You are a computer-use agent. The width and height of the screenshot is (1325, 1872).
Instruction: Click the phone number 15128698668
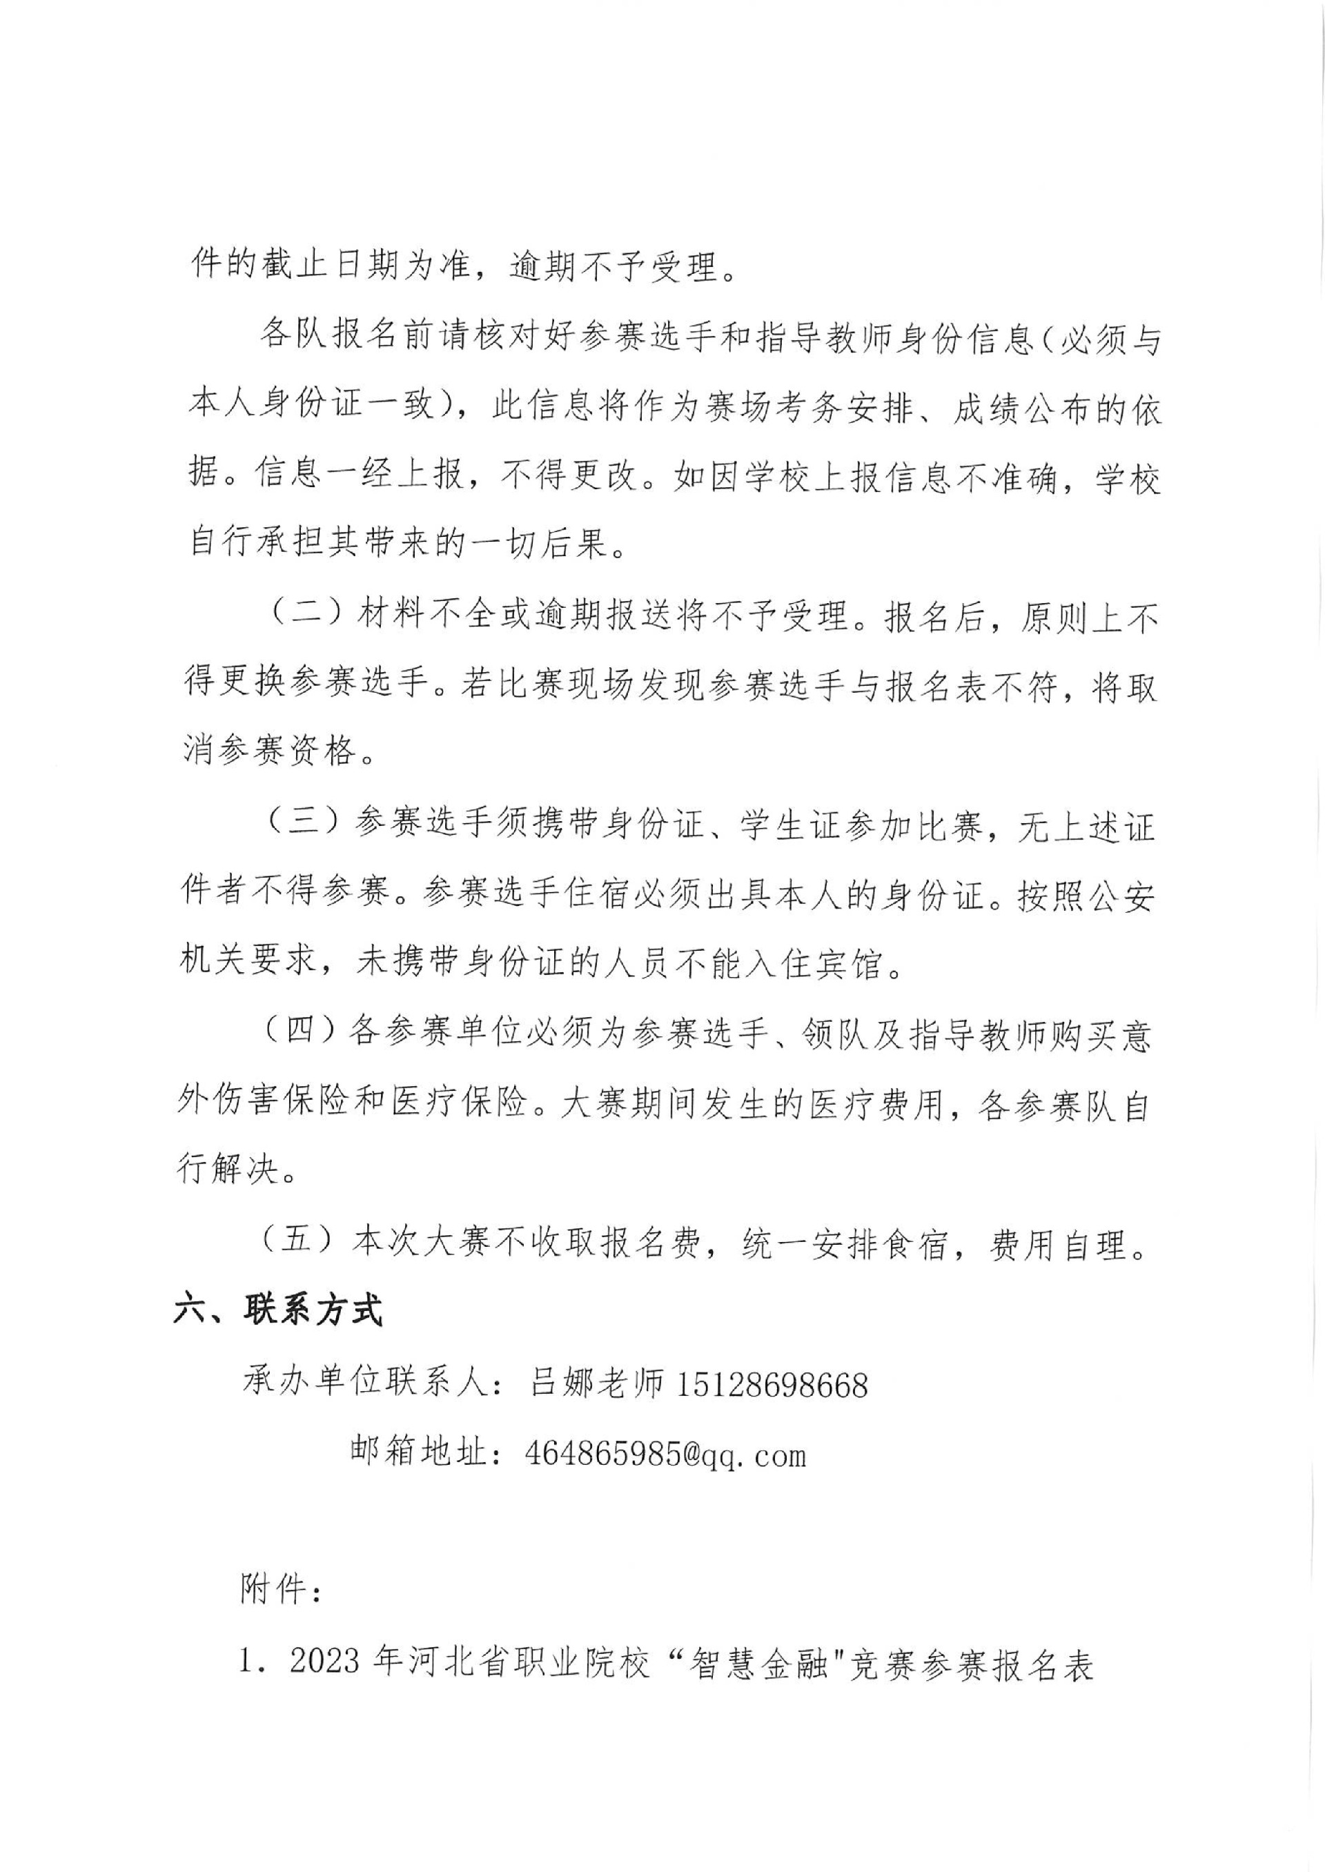[772, 1384]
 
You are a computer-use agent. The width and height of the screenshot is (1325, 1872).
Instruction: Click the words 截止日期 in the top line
[334, 266]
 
